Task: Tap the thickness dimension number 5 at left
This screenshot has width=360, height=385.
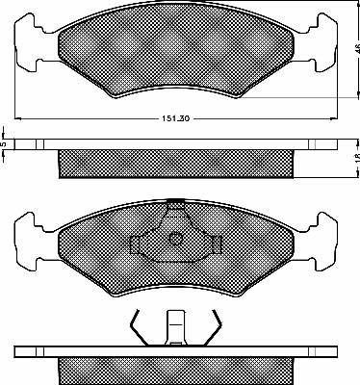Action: click(5, 144)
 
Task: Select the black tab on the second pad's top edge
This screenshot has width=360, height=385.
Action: click(175, 200)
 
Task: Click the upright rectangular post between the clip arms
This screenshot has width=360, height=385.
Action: click(175, 324)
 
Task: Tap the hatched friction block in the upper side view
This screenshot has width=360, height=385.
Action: click(175, 164)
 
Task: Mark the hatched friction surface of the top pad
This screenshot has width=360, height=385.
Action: click(175, 53)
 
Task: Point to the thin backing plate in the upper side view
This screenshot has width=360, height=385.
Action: click(175, 144)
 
